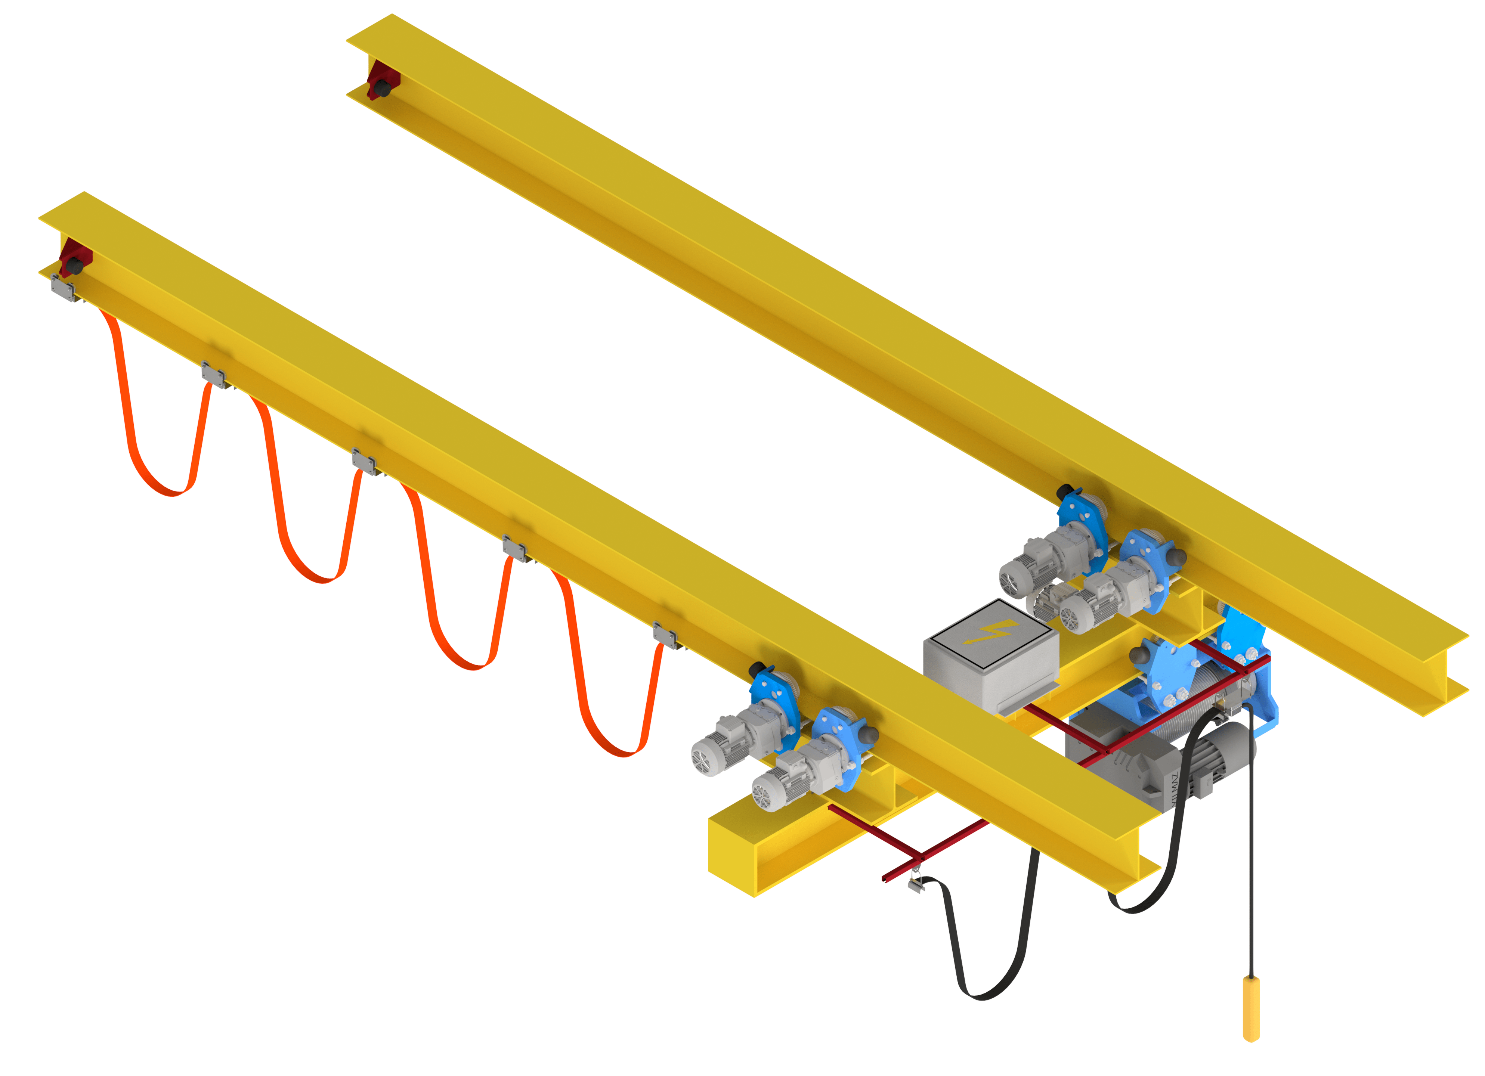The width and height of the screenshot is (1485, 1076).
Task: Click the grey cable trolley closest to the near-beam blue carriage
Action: click(666, 636)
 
